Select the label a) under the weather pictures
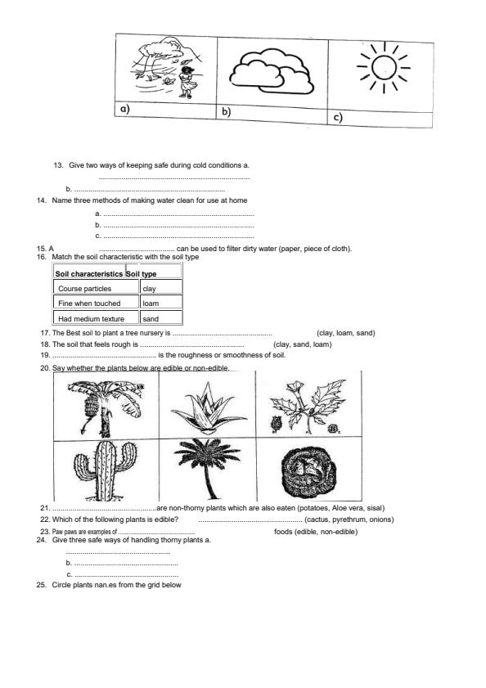(125, 109)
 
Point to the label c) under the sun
(337, 118)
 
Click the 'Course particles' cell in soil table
(85, 288)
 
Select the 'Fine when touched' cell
(89, 303)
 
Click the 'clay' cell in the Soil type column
(149, 288)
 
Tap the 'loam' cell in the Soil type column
(151, 303)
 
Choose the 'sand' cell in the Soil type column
(151, 318)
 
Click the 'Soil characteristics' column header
(88, 273)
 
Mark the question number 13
(58, 165)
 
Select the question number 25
(42, 585)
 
